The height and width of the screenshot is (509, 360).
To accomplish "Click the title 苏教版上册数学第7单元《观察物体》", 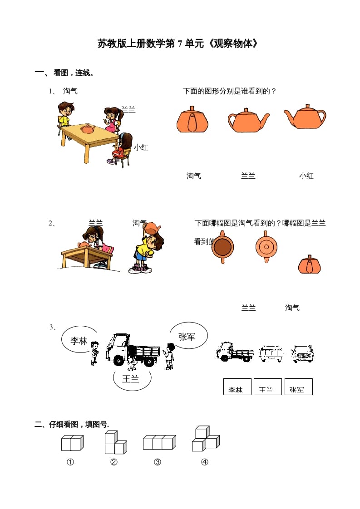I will [x=179, y=44].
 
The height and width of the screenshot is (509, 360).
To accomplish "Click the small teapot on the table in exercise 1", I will [x=87, y=129].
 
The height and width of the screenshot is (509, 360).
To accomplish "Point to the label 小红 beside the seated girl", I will [x=141, y=147].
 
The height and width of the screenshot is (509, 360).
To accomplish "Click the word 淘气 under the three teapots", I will [x=194, y=176].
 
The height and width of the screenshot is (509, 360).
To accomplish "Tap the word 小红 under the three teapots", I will [x=306, y=176].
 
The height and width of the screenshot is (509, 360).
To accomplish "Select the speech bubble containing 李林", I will [x=79, y=339].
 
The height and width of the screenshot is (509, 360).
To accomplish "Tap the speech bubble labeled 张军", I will [x=187, y=336].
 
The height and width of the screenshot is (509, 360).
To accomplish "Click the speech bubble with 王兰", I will [x=132, y=379].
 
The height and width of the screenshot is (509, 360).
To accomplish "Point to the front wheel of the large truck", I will [x=118, y=360].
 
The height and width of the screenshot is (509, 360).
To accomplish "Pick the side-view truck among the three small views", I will [x=235, y=352].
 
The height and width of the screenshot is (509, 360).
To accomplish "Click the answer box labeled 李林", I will [x=237, y=387].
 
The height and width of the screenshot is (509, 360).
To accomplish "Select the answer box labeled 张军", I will [x=298, y=387].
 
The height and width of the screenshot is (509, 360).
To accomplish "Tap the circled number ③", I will [x=158, y=462].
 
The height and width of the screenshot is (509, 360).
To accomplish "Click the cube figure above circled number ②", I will [x=114, y=443].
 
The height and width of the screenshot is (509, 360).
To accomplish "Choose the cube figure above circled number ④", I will [x=205, y=439].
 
